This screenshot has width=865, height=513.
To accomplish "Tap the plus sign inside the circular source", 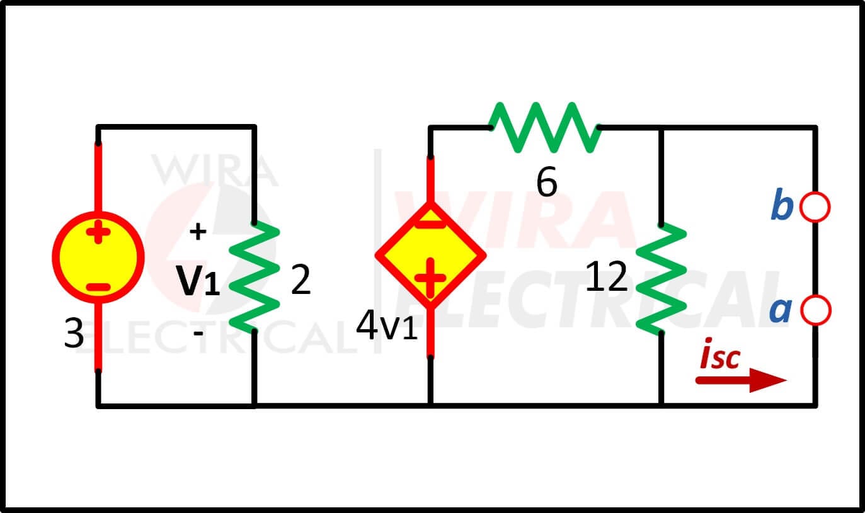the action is (98, 232).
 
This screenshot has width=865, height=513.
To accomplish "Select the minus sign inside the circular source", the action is (98, 287).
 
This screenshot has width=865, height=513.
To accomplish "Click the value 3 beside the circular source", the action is (74, 333).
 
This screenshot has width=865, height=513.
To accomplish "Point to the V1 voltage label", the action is (198, 280).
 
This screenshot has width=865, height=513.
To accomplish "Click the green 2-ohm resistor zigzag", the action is (254, 277).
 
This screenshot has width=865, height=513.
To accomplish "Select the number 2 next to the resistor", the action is (301, 279).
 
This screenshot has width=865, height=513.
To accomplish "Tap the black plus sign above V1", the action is (198, 232).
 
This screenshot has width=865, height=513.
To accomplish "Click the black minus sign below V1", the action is (198, 332).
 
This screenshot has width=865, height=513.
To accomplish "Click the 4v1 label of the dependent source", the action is (387, 325).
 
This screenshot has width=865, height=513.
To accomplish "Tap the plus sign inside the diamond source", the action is (430, 278).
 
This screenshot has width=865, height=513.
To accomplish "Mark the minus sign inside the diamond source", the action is (430, 225).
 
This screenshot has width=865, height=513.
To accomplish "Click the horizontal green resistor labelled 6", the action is (544, 127).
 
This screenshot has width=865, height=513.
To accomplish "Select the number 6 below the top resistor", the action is (547, 182).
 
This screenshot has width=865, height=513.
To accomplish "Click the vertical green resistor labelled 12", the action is (661, 278).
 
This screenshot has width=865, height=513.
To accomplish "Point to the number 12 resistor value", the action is (606, 276).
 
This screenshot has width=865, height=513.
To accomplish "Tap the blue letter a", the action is (780, 310).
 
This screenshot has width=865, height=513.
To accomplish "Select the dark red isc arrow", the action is (741, 380).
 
